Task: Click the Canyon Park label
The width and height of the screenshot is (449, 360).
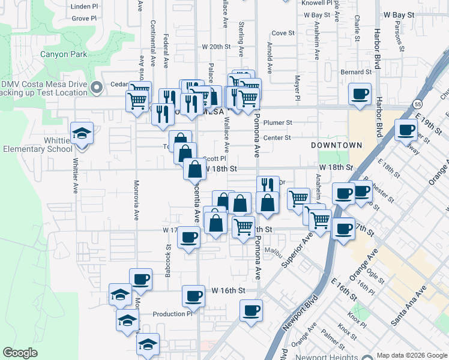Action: [64, 54]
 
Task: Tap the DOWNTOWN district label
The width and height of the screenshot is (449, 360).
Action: [337, 145]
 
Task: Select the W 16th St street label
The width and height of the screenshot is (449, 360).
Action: [229, 290]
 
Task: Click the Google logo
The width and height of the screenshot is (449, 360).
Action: [20, 353]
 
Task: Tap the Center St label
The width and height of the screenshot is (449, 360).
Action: [277, 137]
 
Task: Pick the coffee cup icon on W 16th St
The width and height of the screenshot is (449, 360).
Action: [194, 296]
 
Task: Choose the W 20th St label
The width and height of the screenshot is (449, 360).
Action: [216, 46]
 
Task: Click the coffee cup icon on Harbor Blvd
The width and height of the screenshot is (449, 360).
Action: [360, 94]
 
